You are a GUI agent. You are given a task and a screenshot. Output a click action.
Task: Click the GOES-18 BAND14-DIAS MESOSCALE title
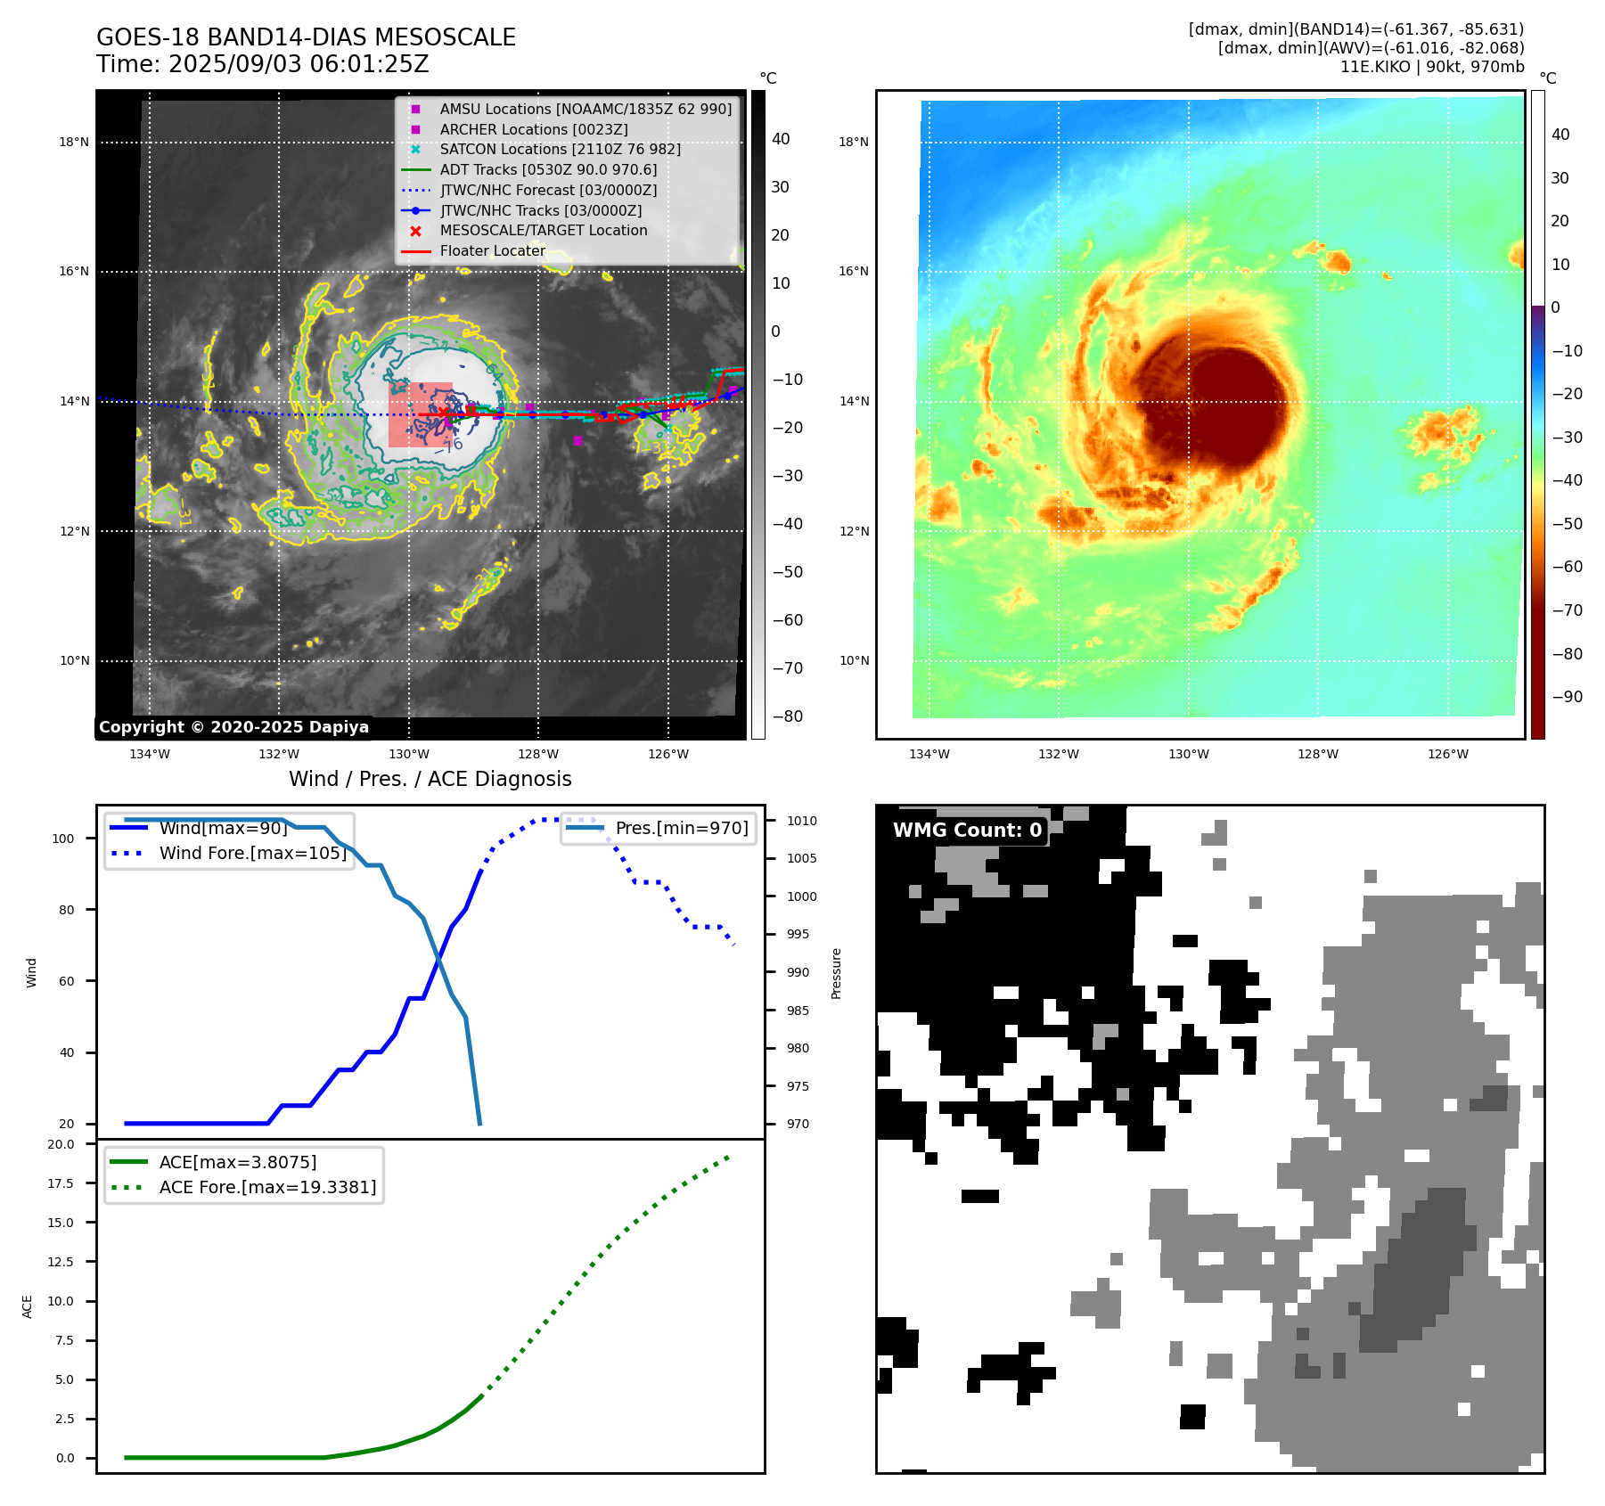(x=306, y=37)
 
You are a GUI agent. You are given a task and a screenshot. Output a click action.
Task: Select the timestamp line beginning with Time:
(x=263, y=65)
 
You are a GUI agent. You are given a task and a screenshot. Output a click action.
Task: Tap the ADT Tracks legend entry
(x=548, y=169)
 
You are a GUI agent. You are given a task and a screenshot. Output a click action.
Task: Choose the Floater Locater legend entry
(x=492, y=251)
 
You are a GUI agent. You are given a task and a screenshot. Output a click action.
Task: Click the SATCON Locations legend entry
(x=560, y=149)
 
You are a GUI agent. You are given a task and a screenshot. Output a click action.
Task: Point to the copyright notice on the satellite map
(x=233, y=727)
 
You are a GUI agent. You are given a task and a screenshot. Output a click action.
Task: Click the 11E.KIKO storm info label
(x=1431, y=67)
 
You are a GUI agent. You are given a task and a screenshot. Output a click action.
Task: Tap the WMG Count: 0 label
(x=967, y=831)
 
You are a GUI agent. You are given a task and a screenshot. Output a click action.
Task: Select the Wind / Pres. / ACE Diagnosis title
(x=430, y=779)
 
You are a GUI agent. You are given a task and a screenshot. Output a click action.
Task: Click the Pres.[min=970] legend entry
(x=682, y=828)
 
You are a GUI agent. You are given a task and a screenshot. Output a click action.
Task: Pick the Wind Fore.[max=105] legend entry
(x=252, y=853)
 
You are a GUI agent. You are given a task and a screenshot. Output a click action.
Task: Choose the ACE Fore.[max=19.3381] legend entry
(x=267, y=1187)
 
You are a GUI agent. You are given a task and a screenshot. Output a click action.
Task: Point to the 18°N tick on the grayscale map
(x=74, y=142)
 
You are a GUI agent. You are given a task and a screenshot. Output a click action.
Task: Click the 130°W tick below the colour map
(x=1188, y=754)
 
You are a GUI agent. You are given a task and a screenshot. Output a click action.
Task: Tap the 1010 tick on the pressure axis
(x=801, y=821)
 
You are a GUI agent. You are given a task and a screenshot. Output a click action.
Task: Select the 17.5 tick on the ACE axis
(x=61, y=1183)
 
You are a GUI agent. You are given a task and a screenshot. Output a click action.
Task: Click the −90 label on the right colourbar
(x=1567, y=697)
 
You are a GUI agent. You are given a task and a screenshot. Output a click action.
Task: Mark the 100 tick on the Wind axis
(x=63, y=839)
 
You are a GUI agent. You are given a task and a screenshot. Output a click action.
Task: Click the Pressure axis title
(x=836, y=973)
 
